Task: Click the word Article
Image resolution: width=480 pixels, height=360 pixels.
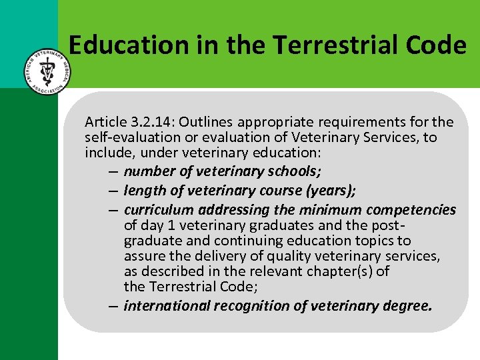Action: (105, 122)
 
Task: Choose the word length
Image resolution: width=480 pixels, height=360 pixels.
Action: (143, 191)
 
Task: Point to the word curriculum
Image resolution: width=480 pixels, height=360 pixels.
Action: (156, 210)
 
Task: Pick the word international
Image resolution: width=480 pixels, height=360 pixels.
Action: (165, 306)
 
